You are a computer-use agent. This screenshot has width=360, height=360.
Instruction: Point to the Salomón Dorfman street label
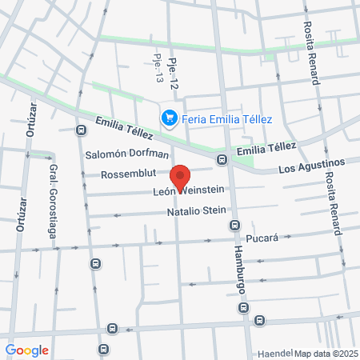(x=127, y=154)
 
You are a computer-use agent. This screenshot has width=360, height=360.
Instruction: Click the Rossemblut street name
(x=132, y=174)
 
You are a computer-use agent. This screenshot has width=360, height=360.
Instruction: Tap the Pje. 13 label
(x=158, y=68)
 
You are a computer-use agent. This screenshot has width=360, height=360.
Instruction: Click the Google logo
(x=26, y=350)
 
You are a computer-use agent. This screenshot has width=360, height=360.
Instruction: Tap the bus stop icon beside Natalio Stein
(x=234, y=224)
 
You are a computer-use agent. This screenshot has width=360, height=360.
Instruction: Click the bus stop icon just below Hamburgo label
(x=243, y=306)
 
